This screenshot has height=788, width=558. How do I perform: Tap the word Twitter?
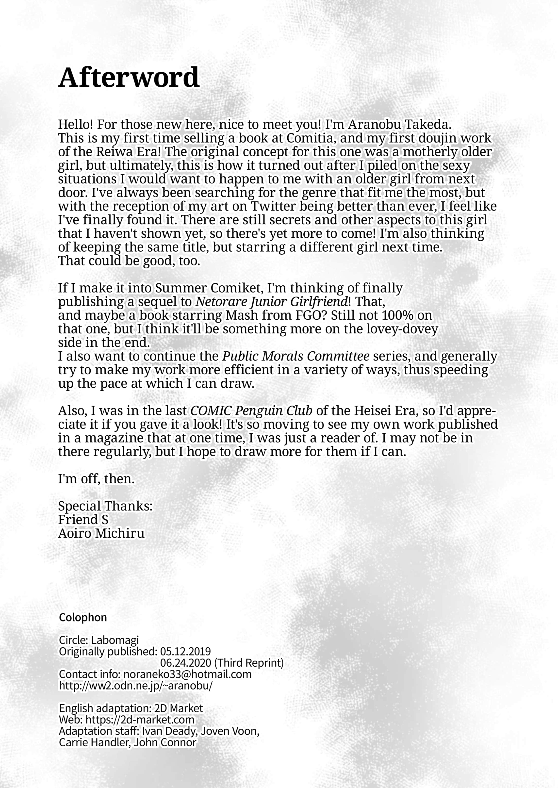(x=273, y=206)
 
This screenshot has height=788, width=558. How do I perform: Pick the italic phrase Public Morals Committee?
(x=296, y=356)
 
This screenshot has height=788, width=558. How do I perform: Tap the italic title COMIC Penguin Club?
(x=251, y=411)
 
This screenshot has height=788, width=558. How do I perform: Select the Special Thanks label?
(x=105, y=506)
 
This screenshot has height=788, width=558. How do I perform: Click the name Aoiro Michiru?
(x=101, y=533)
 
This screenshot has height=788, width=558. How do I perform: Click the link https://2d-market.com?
(x=140, y=719)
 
